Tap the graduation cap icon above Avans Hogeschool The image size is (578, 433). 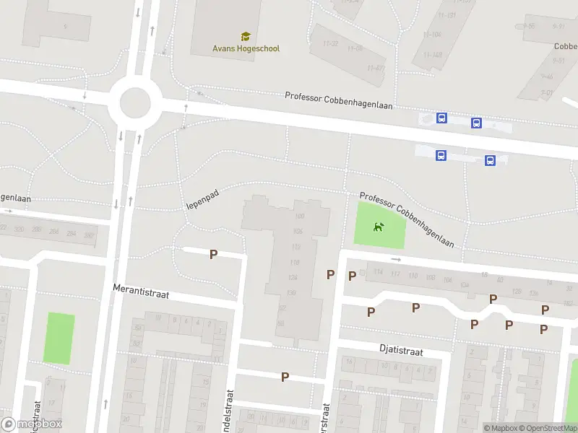click(245, 36)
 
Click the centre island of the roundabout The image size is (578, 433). click(135, 103)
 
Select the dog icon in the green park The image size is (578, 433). click(379, 227)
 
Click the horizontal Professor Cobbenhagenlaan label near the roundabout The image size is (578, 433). click(338, 101)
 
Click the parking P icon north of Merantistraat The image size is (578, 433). click(213, 254)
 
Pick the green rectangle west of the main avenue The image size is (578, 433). click(59, 338)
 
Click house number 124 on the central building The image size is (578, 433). click(293, 278)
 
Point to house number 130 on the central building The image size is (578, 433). click(292, 292)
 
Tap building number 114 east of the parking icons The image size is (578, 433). click(378, 272)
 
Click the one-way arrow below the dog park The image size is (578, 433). click(396, 259)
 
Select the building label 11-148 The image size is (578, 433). click(433, 54)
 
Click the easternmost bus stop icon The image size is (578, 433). click(490, 161)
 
